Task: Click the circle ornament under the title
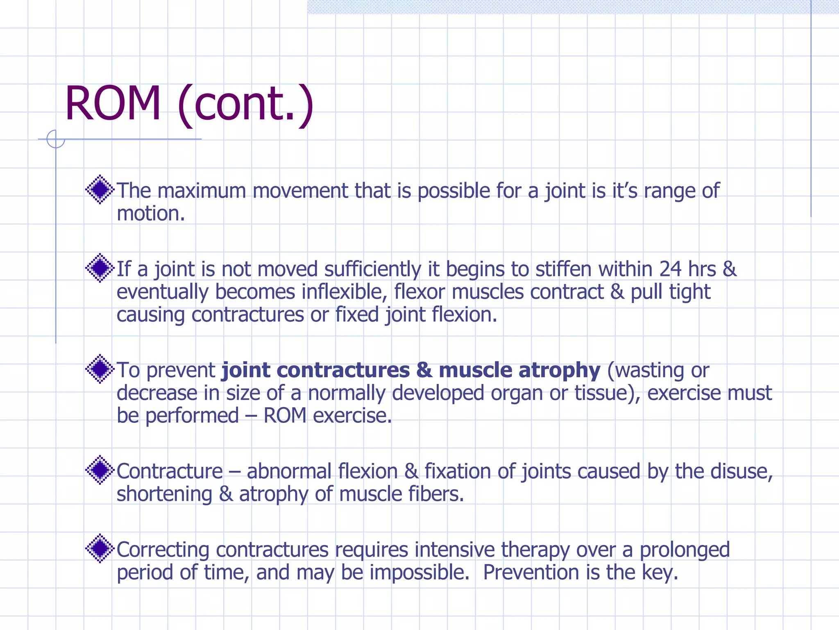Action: (56, 139)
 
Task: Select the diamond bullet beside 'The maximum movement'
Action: (100, 189)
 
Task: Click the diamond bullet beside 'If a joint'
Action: (100, 268)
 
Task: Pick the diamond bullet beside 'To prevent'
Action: (100, 369)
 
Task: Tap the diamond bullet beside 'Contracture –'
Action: (100, 470)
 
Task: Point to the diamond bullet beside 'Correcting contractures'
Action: (100, 549)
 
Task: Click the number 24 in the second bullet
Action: (670, 269)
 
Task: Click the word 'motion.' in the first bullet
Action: (151, 214)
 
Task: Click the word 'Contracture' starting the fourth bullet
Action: (170, 471)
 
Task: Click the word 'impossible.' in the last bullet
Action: (419, 573)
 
